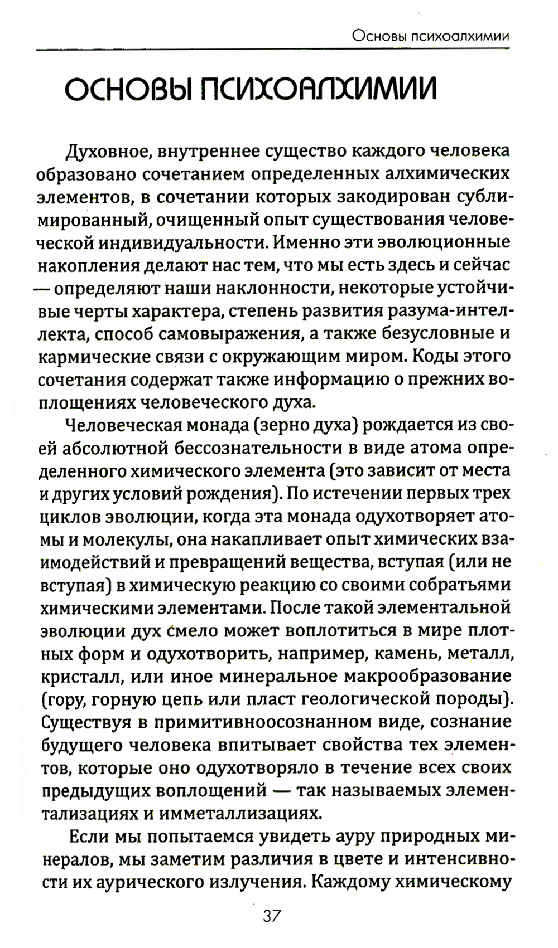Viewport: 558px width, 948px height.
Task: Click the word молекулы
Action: [115, 540]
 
